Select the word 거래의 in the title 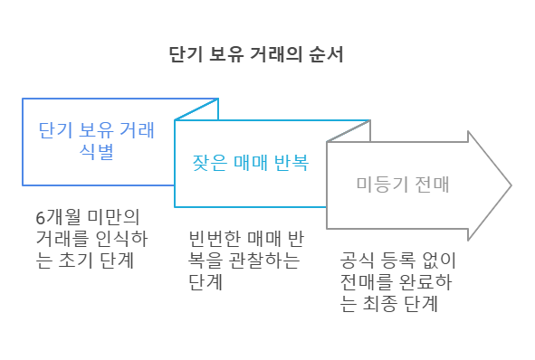(291, 54)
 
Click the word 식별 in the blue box (97, 152)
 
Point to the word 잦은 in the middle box (207, 164)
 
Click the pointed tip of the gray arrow (511, 185)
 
